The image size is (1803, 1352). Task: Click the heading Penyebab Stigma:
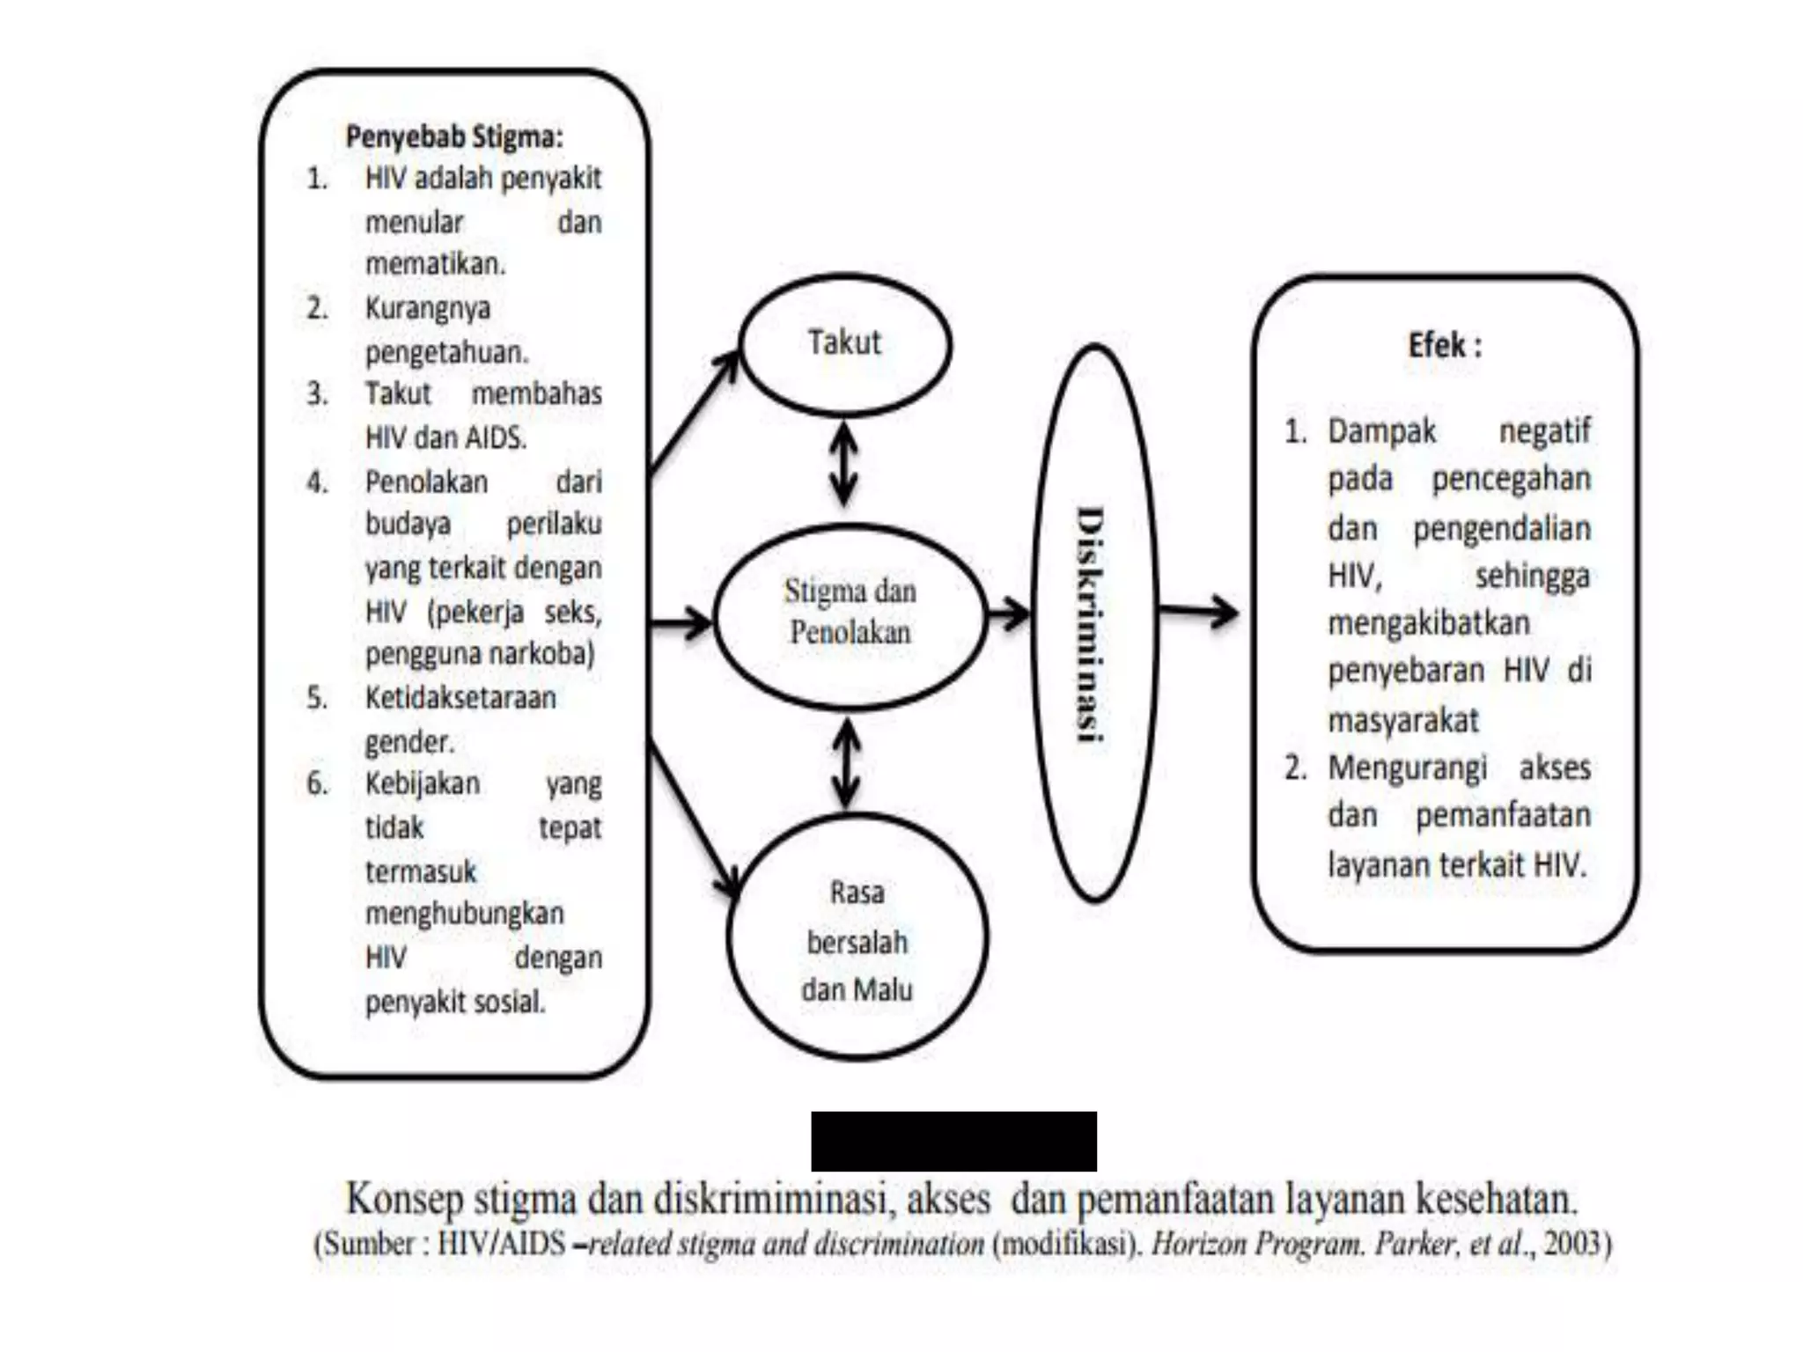pos(453,137)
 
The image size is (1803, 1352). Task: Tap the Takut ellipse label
pos(844,342)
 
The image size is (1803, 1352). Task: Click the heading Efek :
pos(1445,345)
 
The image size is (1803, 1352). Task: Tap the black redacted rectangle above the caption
pos(953,1141)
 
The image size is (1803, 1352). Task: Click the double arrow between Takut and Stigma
pos(844,464)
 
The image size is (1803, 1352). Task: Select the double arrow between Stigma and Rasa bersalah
pos(847,763)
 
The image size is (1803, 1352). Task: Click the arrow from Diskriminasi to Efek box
pos(1198,610)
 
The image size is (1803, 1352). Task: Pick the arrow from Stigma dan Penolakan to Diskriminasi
pos(1008,614)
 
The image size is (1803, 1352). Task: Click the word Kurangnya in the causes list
pos(428,309)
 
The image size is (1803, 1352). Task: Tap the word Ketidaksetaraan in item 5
pos(460,698)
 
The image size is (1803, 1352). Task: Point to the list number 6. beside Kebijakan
pos(317,783)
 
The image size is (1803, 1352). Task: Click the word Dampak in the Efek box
pos(1381,431)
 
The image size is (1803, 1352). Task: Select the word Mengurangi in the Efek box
pos(1407,768)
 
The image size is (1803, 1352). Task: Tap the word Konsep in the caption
pos(404,1199)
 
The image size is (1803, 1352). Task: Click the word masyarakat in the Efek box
pos(1403,720)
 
